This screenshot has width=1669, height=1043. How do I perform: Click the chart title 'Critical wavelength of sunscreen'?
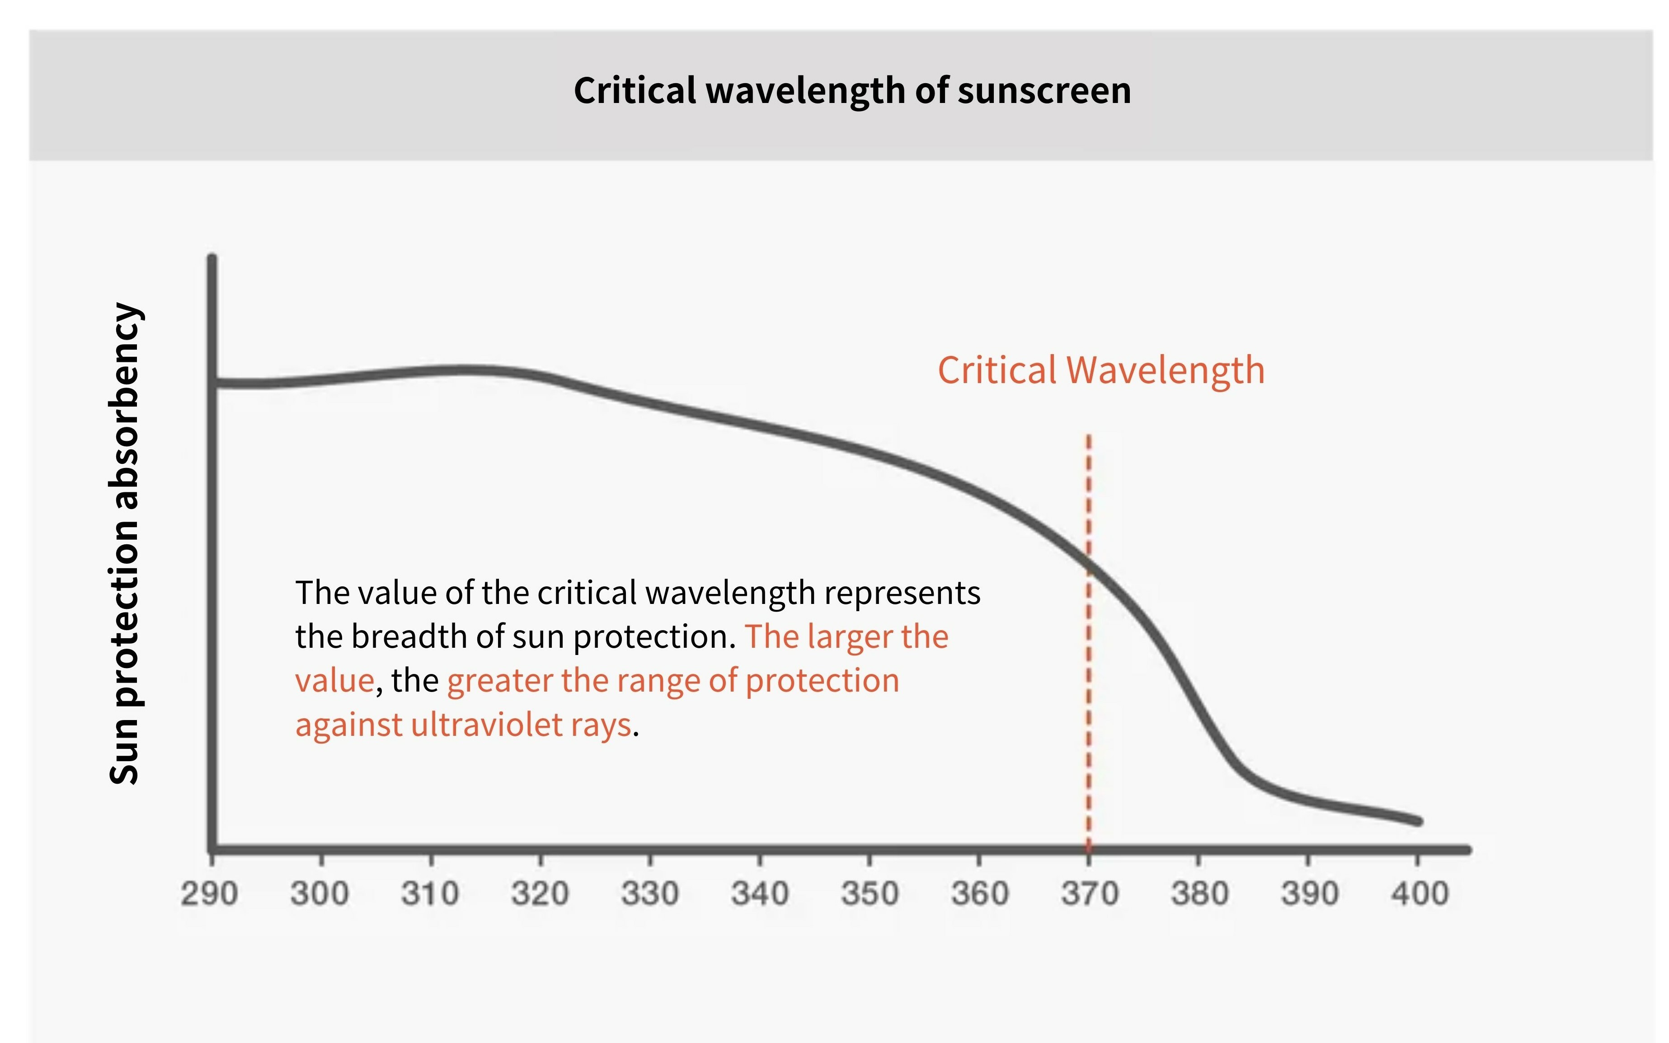852,90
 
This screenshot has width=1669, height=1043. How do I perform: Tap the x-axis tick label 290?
210,894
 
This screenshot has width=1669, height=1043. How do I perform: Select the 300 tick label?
320,894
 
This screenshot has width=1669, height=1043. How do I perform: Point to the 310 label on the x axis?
430,894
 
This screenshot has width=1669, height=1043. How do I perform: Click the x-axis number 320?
540,894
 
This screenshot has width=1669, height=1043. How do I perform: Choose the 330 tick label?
649,894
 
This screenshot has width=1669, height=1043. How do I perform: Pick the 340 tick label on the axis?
760,894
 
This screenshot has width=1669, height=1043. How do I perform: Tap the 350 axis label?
870,894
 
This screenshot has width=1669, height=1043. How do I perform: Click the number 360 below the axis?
980,894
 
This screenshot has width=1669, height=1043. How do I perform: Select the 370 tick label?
1090,894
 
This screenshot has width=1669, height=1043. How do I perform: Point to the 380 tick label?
1199,894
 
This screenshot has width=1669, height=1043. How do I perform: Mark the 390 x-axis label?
1310,894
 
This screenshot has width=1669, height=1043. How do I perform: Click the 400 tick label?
1419,894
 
